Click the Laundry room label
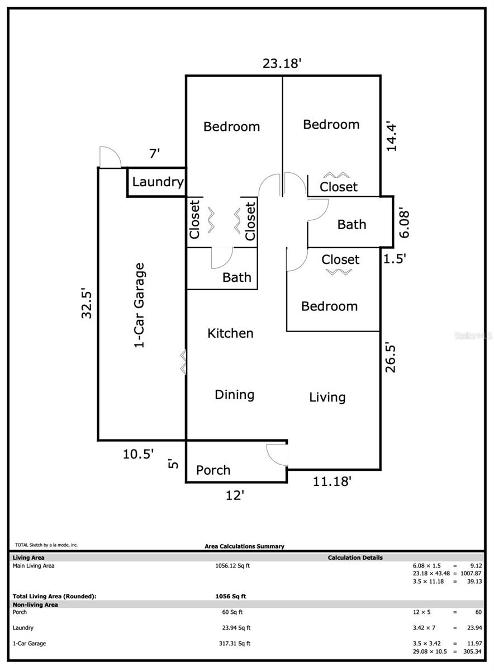point(158,182)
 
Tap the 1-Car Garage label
point(139,305)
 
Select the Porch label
point(213,470)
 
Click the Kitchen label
point(230,333)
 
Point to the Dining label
point(234,395)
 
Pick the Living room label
point(327,398)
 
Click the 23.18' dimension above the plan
point(282,64)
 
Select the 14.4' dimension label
point(391,136)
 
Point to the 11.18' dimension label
point(332,481)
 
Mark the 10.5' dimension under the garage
point(139,454)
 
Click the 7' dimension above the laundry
point(154,154)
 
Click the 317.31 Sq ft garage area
point(234,644)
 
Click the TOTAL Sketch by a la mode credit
point(46,545)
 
